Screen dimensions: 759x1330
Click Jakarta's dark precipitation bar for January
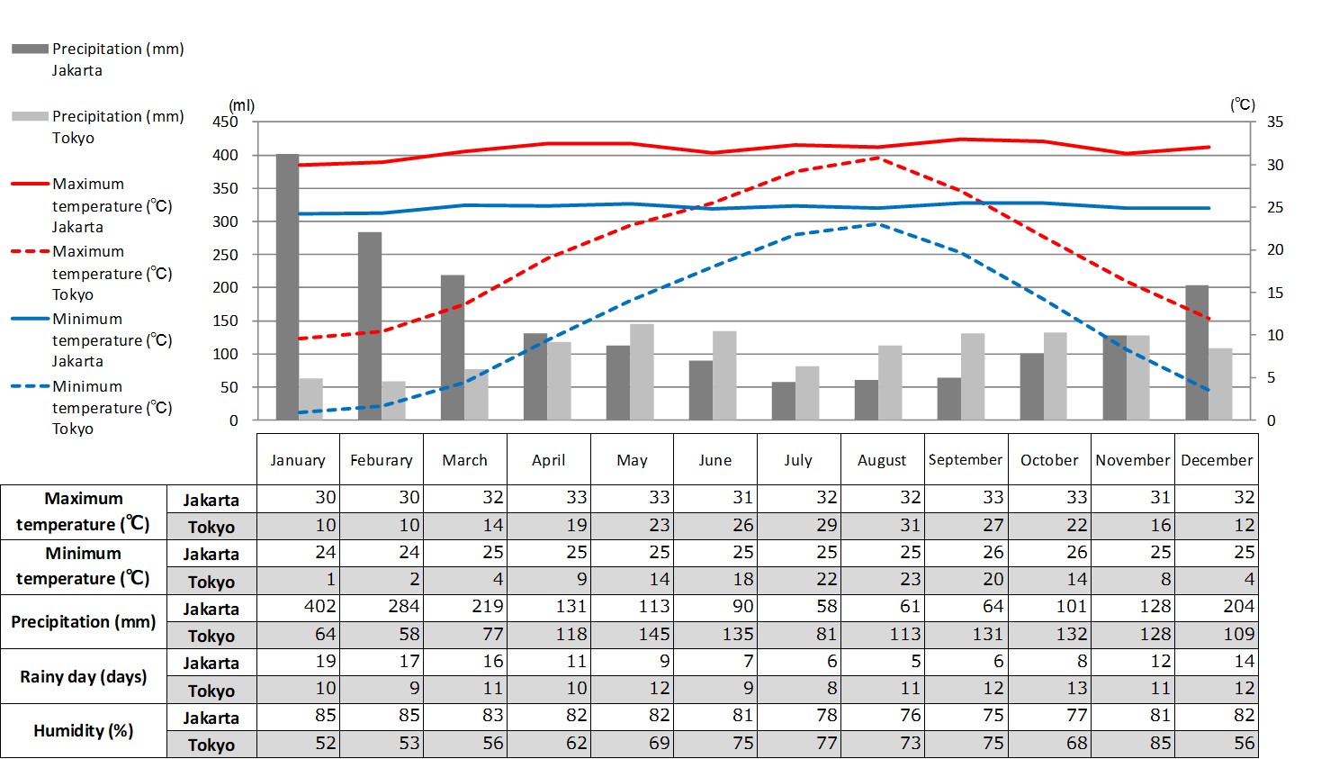coord(287,288)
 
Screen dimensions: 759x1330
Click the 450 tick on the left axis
coord(225,122)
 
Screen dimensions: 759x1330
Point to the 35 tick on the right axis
coord(1275,122)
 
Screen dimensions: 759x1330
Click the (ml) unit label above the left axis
coord(241,105)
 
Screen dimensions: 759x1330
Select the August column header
coord(882,460)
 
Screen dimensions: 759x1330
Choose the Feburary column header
coord(382,460)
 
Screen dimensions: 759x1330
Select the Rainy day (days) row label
coord(84,676)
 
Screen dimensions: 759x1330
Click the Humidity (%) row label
coord(84,730)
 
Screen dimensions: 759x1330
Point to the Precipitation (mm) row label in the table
coord(84,621)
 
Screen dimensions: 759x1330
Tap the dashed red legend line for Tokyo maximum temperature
coord(30,251)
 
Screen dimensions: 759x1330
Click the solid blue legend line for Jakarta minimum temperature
coord(30,319)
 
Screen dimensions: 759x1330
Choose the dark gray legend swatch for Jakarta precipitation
coord(30,49)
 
